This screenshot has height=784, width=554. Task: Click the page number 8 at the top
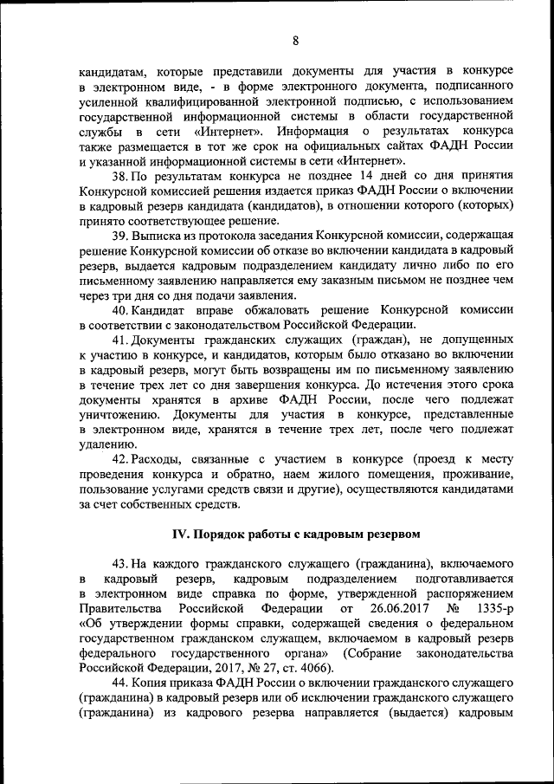[294, 40]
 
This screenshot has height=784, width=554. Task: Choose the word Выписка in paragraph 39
[158, 236]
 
